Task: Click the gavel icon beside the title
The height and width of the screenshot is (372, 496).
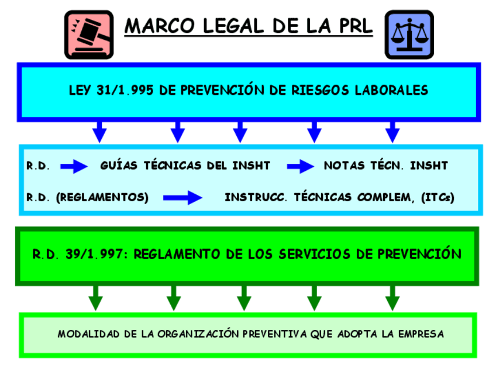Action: click(x=89, y=33)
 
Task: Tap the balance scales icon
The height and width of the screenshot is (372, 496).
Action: click(x=409, y=33)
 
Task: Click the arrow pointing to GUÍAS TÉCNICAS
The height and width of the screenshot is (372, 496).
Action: click(x=74, y=166)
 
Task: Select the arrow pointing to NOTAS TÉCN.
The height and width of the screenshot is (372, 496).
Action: click(x=300, y=166)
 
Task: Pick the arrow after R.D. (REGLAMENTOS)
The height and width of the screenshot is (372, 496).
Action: click(x=182, y=197)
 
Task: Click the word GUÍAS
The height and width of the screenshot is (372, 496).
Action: click(x=119, y=166)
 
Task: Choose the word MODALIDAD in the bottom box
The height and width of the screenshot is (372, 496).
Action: click(x=86, y=334)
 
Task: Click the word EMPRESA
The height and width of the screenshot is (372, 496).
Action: click(x=419, y=334)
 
